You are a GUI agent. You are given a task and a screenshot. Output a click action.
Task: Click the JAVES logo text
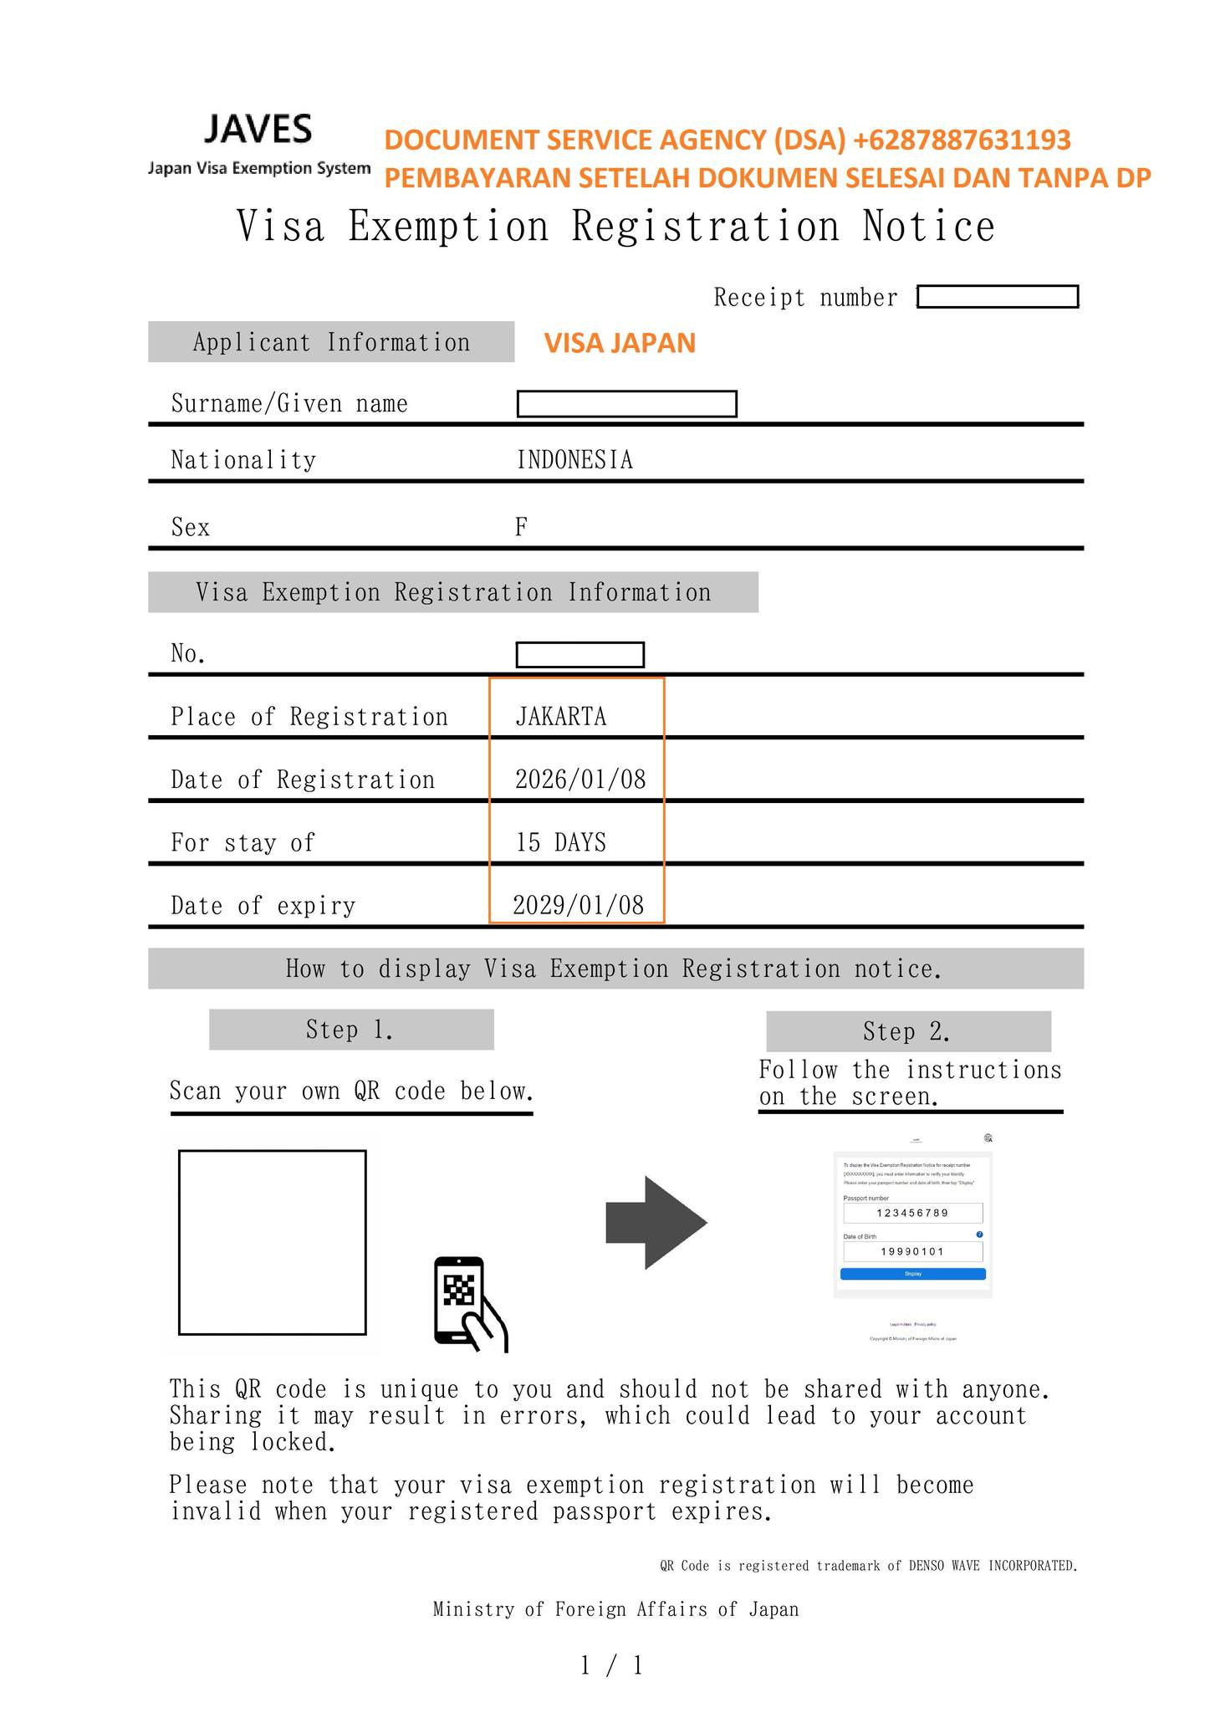pos(258,130)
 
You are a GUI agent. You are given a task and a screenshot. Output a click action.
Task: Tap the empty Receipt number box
pos(998,297)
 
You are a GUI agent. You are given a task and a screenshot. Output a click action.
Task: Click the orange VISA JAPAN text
pos(620,343)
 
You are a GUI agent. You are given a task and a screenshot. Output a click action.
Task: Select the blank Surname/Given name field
pos(626,404)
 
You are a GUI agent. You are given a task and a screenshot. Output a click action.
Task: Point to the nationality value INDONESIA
pos(574,460)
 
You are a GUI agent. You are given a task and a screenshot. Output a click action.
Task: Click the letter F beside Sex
pos(521,527)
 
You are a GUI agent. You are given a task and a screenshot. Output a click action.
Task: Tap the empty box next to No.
pos(579,655)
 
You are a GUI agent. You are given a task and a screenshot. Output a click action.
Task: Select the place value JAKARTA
pos(561,717)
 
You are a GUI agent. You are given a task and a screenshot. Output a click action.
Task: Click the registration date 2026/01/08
pos(580,780)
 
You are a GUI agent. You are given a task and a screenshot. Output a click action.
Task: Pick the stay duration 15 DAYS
pos(561,842)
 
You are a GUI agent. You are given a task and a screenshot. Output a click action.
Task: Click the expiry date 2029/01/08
pos(579,905)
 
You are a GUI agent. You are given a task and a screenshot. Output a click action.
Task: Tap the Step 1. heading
pos(350,1030)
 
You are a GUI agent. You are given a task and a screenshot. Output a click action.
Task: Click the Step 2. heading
pos(907,1032)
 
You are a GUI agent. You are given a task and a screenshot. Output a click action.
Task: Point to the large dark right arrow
pos(656,1223)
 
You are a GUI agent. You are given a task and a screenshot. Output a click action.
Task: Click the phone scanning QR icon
pos(470,1304)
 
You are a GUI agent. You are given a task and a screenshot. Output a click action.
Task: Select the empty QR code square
pos(273,1243)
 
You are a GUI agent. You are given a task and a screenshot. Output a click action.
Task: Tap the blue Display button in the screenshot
pos(912,1274)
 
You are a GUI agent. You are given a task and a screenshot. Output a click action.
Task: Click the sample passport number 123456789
pos(912,1213)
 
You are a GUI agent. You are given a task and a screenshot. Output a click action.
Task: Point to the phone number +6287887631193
pos(962,140)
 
